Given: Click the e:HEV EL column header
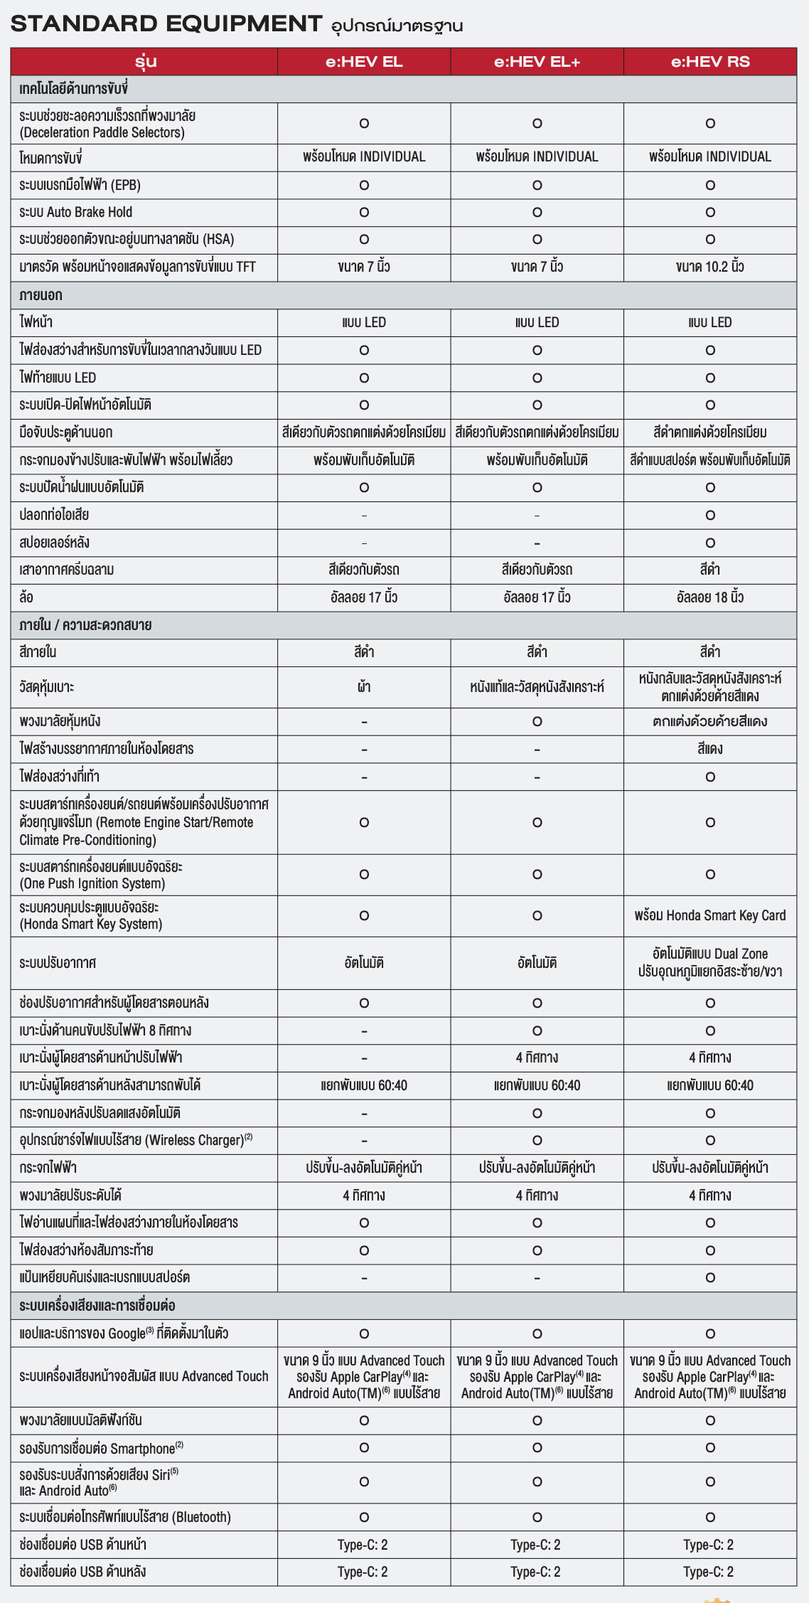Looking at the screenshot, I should [364, 62].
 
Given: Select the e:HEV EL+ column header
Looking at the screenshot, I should [537, 62].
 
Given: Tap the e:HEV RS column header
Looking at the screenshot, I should [710, 62].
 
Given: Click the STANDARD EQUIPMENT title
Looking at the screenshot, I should [166, 23].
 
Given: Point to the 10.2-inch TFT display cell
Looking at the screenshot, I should [710, 267].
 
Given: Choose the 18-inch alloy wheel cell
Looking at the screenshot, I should [710, 597].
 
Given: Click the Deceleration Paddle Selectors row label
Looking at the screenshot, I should [107, 124].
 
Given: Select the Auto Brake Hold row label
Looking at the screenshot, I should [76, 212].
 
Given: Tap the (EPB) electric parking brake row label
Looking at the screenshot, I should [80, 185].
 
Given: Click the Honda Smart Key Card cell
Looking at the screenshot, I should [710, 915].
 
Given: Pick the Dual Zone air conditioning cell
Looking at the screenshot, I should [710, 962].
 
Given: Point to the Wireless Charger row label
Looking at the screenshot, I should [136, 1140].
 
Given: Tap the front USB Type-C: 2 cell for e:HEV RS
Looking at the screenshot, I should [709, 1545].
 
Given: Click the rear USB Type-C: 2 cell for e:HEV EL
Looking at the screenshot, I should [363, 1572].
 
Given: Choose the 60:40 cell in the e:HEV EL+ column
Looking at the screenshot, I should [537, 1085].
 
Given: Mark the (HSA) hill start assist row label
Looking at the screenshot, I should [127, 240].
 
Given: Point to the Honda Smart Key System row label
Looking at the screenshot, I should [90, 916].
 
